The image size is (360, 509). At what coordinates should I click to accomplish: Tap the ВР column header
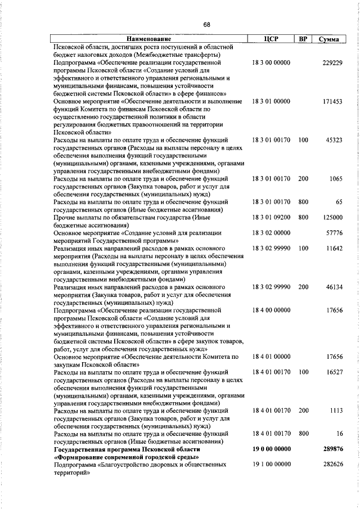[x=303, y=39]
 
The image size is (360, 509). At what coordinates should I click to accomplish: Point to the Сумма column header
[x=328, y=40]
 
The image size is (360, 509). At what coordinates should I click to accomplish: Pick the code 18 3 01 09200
[x=271, y=217]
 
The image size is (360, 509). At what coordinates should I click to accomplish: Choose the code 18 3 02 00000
[x=271, y=232]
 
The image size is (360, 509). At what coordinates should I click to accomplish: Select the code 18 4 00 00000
[x=271, y=309]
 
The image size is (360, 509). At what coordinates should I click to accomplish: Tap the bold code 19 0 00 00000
[x=272, y=449]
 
